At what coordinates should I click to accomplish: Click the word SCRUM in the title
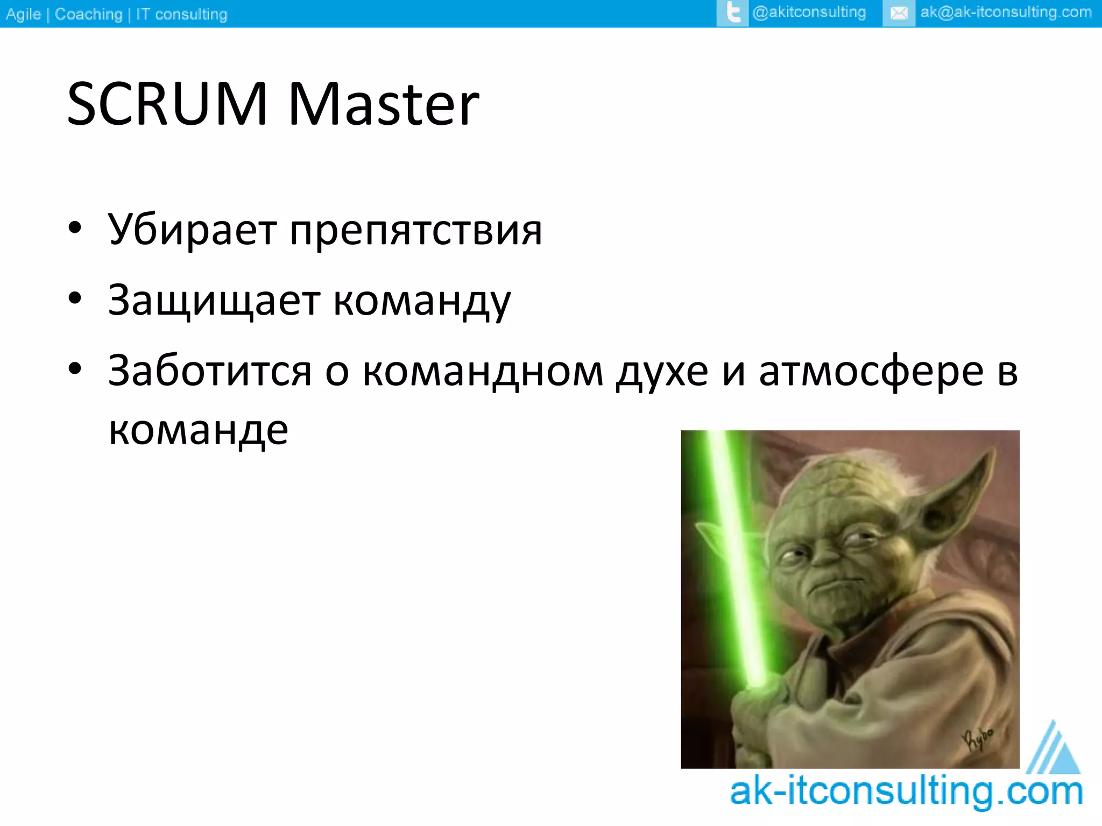[167, 105]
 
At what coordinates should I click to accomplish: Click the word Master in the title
[383, 105]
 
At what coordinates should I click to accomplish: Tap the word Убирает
[192, 230]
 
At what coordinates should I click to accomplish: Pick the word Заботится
[210, 371]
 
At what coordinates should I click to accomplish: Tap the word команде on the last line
[199, 430]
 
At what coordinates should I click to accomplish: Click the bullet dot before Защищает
[75, 298]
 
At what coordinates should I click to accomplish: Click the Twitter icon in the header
[732, 13]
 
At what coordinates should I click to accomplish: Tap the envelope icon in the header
[899, 13]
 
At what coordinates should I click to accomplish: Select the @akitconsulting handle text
[809, 12]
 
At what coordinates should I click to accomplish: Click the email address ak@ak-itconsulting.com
[1006, 12]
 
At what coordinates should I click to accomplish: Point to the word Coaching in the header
[89, 14]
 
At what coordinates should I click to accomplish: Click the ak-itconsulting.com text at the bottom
[906, 792]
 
